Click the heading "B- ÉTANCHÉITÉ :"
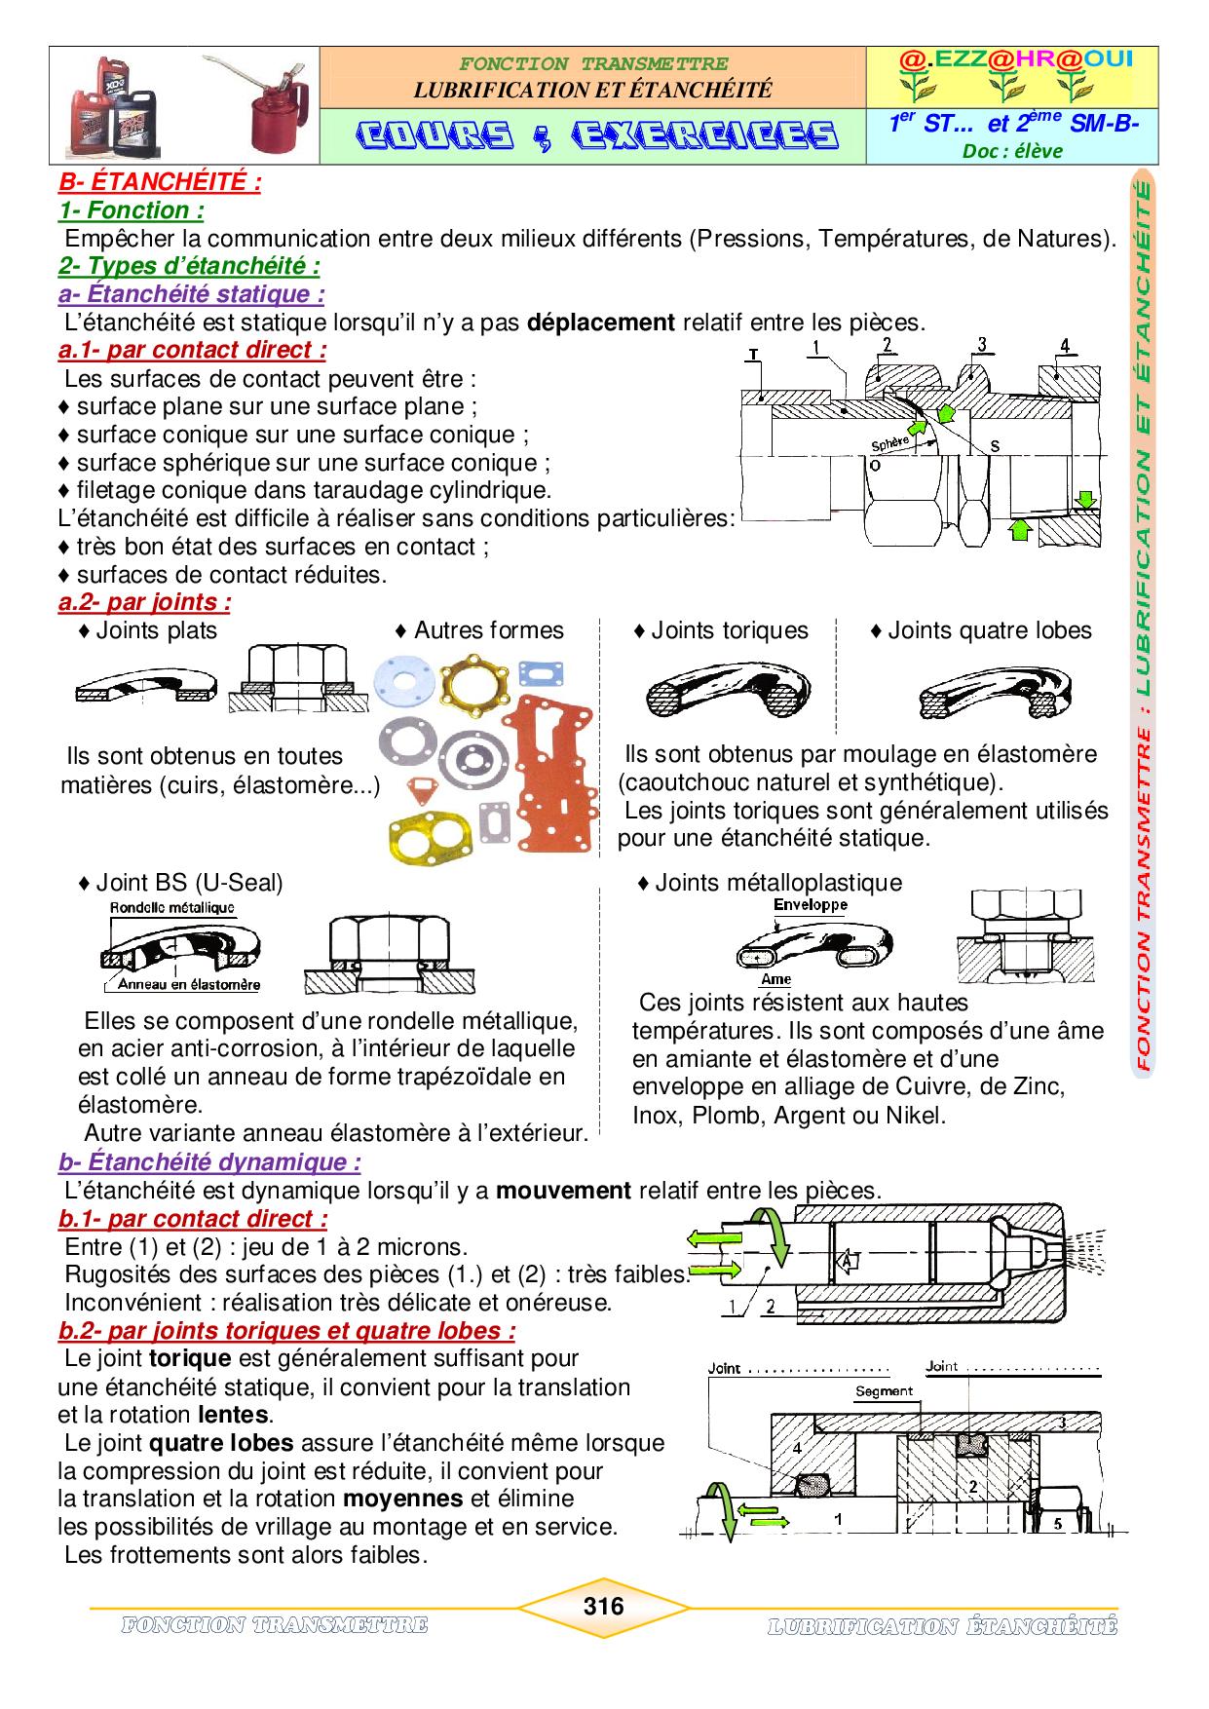click(159, 182)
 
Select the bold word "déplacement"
click(601, 323)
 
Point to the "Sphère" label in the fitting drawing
click(890, 442)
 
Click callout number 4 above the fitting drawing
click(1065, 345)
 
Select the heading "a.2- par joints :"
click(144, 602)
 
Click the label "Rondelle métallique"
click(172, 907)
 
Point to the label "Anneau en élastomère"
click(189, 984)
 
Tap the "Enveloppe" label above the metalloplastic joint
click(810, 903)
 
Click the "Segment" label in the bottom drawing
click(884, 1390)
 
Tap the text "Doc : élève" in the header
click(1012, 150)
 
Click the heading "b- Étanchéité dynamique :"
click(209, 1161)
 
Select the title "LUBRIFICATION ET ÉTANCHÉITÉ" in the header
click(592, 90)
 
